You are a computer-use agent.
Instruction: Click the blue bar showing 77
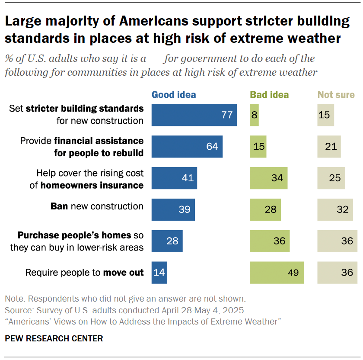(194, 115)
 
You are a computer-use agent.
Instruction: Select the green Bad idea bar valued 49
(277, 273)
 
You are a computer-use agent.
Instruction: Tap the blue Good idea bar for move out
(159, 273)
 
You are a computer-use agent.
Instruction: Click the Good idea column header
(173, 95)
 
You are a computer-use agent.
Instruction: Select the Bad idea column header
(269, 95)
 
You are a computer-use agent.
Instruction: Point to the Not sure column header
(336, 95)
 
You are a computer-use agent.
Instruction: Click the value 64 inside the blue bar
(212, 147)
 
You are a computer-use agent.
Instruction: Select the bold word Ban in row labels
(59, 206)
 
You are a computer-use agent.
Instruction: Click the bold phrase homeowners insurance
(92, 185)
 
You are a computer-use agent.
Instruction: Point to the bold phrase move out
(123, 273)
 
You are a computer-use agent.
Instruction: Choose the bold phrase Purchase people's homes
(74, 235)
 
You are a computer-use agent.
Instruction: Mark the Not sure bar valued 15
(326, 115)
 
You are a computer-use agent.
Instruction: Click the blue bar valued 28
(167, 241)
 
